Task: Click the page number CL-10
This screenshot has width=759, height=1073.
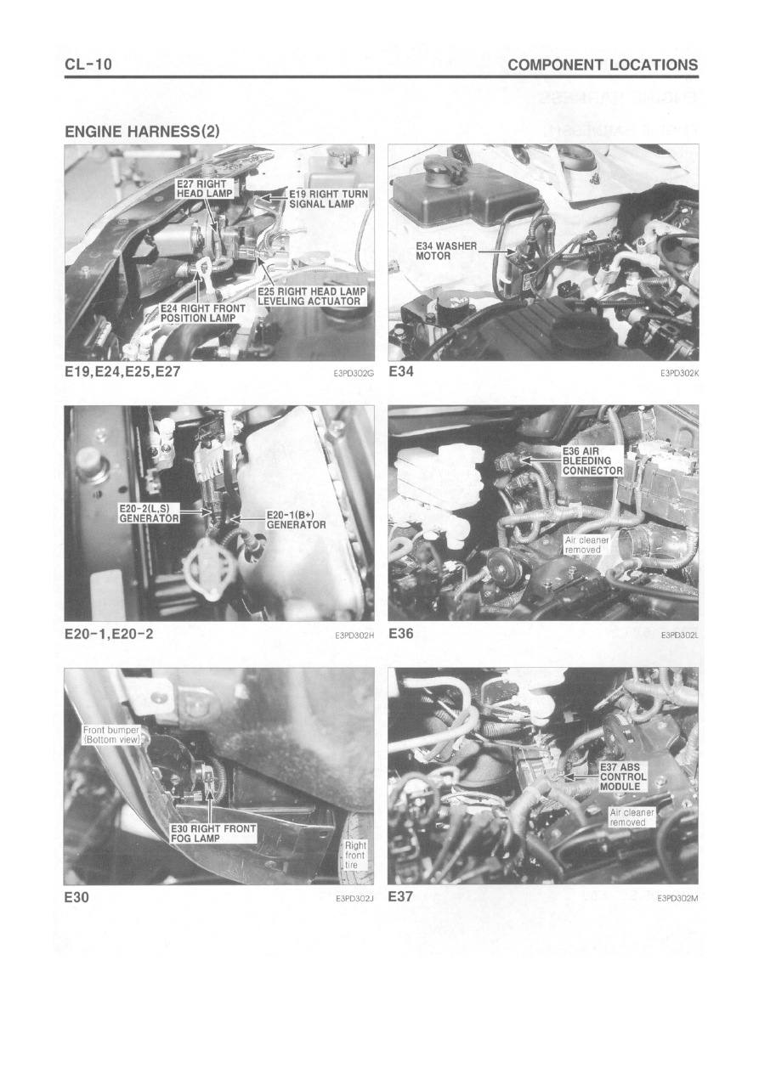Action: pyautogui.click(x=88, y=64)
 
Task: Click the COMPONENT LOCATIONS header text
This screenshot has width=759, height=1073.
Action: pyautogui.click(x=603, y=65)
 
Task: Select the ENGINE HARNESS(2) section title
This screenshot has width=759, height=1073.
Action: pyautogui.click(x=142, y=132)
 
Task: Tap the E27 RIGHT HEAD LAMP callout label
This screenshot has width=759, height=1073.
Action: pyautogui.click(x=205, y=189)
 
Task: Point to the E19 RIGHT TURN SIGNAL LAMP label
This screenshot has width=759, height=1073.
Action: pyautogui.click(x=328, y=199)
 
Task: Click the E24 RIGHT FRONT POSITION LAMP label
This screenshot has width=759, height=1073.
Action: pyautogui.click(x=202, y=313)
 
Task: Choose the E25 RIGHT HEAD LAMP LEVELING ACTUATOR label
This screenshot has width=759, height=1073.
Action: pyautogui.click(x=311, y=296)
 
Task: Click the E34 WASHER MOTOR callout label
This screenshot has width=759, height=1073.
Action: pyautogui.click(x=446, y=251)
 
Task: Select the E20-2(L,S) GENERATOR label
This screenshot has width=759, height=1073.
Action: pyautogui.click(x=149, y=513)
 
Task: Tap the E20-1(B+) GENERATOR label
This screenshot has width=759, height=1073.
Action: pyautogui.click(x=296, y=520)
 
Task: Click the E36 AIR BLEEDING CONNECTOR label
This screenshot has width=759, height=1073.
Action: pyautogui.click(x=592, y=460)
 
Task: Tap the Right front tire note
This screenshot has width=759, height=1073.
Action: pyautogui.click(x=355, y=855)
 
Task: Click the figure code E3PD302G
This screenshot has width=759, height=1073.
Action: pyautogui.click(x=354, y=373)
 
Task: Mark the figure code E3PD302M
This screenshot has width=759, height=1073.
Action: pyautogui.click(x=677, y=899)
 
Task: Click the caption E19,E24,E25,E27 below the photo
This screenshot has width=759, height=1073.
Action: pyautogui.click(x=122, y=372)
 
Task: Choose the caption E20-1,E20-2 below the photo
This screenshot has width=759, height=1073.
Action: pyautogui.click(x=110, y=634)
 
